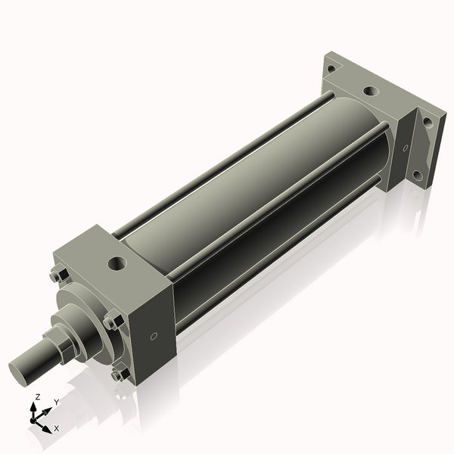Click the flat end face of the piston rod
coord(21,371)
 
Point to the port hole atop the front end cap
coord(117,264)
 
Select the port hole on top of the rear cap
coord(370,91)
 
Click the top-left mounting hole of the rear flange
coord(331,70)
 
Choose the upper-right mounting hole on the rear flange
coord(428,120)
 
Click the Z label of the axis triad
coord(38,396)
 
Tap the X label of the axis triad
coord(57,428)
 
